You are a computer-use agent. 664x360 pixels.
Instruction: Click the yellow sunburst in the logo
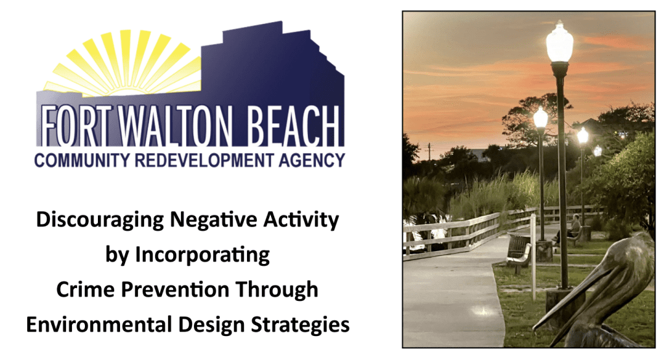123,62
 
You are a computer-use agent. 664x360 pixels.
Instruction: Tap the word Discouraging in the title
99,221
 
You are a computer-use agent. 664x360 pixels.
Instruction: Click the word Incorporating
202,256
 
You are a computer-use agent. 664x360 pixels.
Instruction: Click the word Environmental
99,325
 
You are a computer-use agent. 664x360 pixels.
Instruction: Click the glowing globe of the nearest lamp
560,42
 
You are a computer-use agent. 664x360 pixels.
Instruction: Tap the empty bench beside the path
519,252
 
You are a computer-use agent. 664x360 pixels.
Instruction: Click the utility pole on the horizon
429,152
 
